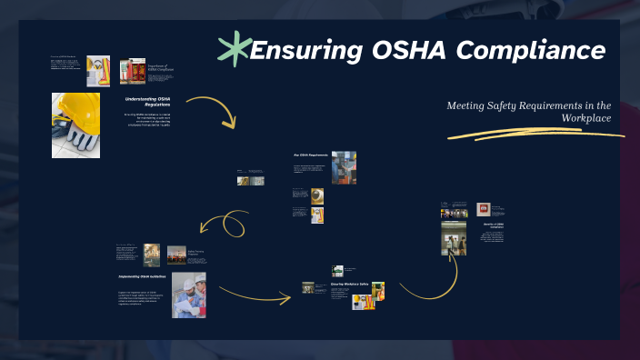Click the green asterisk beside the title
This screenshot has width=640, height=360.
(234, 49)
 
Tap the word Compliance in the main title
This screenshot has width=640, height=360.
(531, 50)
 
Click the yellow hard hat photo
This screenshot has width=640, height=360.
(75, 124)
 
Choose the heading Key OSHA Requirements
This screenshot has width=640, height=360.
(310, 155)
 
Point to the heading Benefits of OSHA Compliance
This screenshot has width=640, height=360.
(491, 226)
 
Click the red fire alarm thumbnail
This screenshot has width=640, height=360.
(483, 207)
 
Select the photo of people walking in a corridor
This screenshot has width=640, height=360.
(455, 239)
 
